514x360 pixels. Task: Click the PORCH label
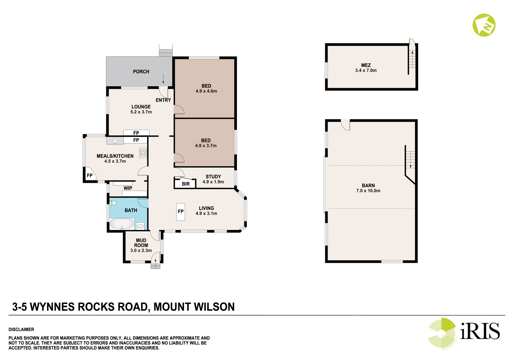click(141, 72)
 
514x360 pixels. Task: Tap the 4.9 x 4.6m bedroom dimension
click(206, 91)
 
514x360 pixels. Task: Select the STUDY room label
click(213, 177)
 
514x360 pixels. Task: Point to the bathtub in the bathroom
click(122, 224)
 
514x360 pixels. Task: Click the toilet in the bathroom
click(113, 203)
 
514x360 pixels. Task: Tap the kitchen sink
click(115, 141)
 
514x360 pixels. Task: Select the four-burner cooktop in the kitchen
click(143, 153)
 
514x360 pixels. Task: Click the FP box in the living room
click(181, 212)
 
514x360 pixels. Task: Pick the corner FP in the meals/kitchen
click(90, 175)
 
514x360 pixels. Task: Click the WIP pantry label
click(128, 188)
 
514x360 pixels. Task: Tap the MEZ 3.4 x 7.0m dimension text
click(366, 70)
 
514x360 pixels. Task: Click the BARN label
click(368, 185)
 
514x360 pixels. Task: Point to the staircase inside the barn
click(410, 160)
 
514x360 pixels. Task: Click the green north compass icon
click(484, 25)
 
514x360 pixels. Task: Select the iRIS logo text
click(480, 331)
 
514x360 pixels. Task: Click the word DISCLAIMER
click(21, 329)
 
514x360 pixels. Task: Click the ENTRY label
click(163, 100)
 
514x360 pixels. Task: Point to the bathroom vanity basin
click(140, 226)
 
